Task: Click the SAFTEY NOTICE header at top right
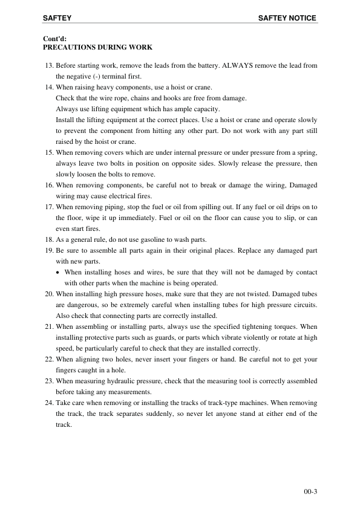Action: (287, 18)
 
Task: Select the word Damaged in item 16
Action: (301, 185)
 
